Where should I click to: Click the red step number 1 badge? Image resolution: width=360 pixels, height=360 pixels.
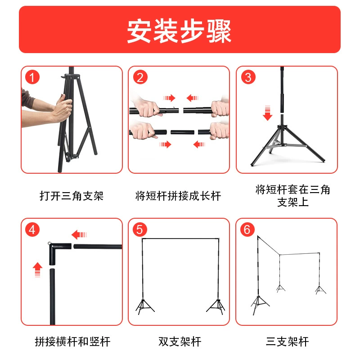pos(32,77)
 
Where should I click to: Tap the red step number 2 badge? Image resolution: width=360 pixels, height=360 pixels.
pos(140,77)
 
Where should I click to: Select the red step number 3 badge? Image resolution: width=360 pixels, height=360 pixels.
pos(248,77)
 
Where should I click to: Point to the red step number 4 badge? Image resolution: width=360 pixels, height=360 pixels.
pos(32,229)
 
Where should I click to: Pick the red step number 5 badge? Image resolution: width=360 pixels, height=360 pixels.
pos(140,229)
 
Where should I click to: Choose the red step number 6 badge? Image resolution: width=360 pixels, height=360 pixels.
pos(247,229)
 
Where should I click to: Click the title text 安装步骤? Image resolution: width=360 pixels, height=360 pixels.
pos(179,31)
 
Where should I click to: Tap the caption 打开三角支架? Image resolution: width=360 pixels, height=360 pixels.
pos(72,196)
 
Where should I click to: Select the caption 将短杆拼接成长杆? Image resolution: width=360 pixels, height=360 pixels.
pos(178,196)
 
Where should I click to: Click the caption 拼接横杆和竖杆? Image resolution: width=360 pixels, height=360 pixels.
pos(72,342)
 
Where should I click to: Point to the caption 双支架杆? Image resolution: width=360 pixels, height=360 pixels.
pos(180,342)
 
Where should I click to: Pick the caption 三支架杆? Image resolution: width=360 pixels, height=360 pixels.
pos(287,342)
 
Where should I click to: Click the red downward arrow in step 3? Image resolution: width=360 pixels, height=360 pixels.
pos(267,113)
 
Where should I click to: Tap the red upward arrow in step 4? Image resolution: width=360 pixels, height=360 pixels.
pos(37,270)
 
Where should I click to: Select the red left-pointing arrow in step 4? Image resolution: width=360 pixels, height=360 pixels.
pos(79,234)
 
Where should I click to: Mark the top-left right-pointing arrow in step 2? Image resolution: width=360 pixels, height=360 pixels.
pos(170,98)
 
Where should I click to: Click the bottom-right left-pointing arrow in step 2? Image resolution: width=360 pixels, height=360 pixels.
pos(199,144)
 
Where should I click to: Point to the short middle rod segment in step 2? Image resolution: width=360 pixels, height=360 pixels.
pos(182,132)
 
